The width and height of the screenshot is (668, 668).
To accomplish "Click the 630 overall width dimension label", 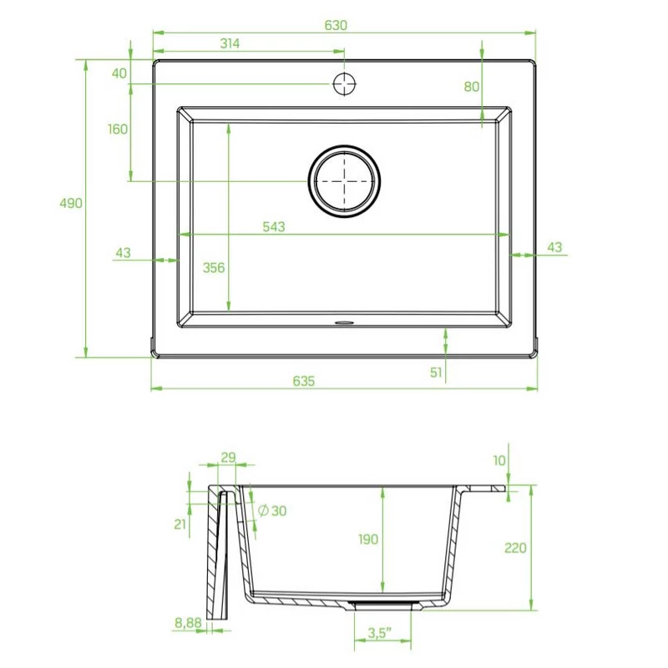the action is (336, 26).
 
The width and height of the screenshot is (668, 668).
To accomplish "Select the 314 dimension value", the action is (230, 43).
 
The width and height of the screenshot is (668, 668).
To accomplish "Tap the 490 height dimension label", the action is (71, 203).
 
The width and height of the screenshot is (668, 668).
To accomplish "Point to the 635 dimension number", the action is (304, 381).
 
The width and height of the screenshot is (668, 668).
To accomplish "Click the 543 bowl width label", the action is (274, 226).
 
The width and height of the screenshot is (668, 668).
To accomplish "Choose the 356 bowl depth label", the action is (214, 267).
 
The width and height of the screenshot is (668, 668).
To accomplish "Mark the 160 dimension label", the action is (118, 129).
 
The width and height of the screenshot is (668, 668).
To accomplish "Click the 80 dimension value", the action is (472, 87).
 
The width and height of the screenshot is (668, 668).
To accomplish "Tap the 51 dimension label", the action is (436, 372).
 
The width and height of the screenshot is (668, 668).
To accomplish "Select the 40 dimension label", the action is (119, 73).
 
